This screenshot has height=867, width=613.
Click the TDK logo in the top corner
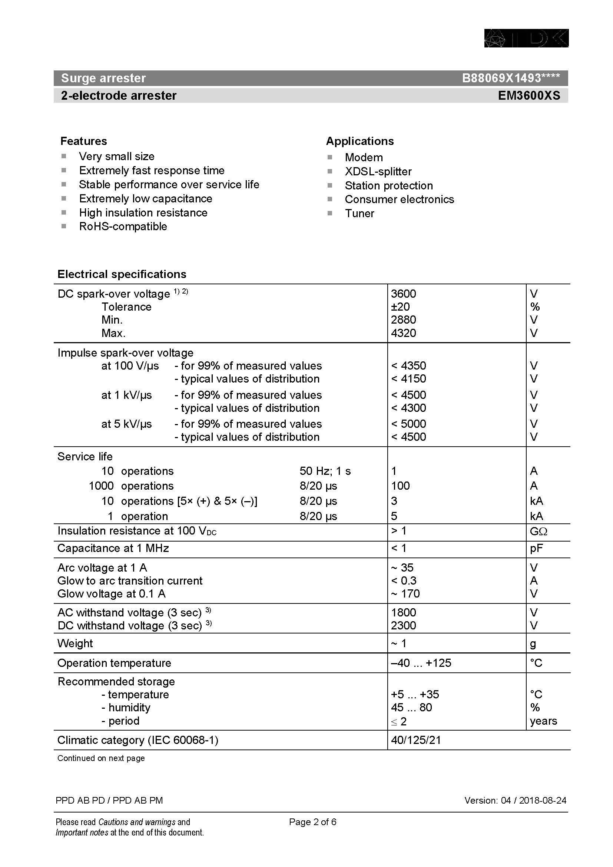tap(526, 38)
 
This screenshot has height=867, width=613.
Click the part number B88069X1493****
tap(511, 78)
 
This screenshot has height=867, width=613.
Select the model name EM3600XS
tap(529, 96)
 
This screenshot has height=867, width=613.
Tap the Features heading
tap(83, 141)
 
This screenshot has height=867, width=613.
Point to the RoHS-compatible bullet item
tap(123, 226)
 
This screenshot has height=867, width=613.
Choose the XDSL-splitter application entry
tap(378, 172)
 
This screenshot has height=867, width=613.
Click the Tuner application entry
tap(359, 214)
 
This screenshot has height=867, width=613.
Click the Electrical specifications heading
tap(122, 274)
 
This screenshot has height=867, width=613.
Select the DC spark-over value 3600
tap(403, 294)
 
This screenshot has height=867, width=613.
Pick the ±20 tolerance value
tap(400, 307)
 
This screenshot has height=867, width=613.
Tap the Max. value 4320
tap(403, 333)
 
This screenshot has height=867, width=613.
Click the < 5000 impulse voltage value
tap(408, 424)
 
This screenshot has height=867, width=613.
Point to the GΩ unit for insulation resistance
tap(538, 531)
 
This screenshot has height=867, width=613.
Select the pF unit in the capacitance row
tap(536, 548)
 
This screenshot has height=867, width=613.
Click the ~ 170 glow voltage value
tap(405, 593)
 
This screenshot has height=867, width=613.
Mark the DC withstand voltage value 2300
tap(403, 626)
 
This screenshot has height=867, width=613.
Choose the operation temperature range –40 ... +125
tap(421, 663)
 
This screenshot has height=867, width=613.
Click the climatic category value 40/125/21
tap(415, 740)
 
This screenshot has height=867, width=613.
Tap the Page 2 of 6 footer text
tap(312, 822)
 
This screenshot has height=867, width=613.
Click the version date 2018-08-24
tap(543, 800)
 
